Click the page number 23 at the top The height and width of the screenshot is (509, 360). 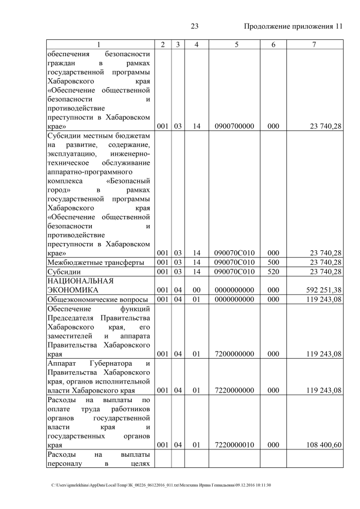point(195,26)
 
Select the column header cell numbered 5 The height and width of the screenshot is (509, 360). point(233,44)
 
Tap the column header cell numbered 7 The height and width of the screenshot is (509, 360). point(314,44)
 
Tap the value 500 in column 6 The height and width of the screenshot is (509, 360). point(273,262)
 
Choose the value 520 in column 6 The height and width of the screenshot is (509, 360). point(273,272)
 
